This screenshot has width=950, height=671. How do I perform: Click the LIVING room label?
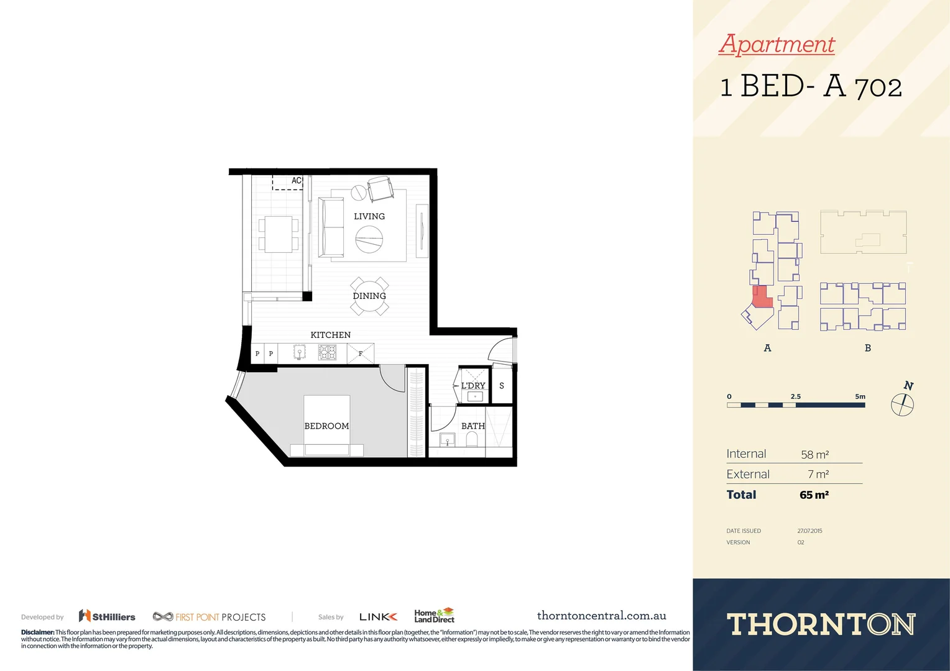pyautogui.click(x=369, y=216)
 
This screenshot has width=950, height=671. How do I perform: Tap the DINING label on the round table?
pyautogui.click(x=369, y=296)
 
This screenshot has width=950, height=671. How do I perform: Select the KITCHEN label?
pyautogui.click(x=330, y=335)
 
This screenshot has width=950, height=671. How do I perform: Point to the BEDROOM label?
pyautogui.click(x=326, y=426)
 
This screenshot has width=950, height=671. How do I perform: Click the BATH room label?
pyautogui.click(x=473, y=426)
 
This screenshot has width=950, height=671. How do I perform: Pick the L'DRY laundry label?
pyautogui.click(x=473, y=386)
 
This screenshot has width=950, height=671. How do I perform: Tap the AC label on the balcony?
pyautogui.click(x=297, y=181)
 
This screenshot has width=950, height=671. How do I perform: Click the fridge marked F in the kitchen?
pyautogui.click(x=361, y=354)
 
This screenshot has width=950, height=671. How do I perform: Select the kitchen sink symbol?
pyautogui.click(x=300, y=353)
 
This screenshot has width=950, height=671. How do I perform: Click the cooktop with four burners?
pyautogui.click(x=327, y=353)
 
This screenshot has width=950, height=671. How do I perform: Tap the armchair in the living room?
pyautogui.click(x=380, y=188)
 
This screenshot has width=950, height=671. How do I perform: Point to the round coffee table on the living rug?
pyautogui.click(x=369, y=239)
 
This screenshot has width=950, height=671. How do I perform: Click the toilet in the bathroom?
pyautogui.click(x=471, y=440)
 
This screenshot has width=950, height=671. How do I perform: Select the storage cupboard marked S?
pyautogui.click(x=502, y=386)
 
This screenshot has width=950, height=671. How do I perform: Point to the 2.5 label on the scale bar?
pyautogui.click(x=796, y=396)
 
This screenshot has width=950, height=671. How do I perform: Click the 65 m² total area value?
pyautogui.click(x=814, y=495)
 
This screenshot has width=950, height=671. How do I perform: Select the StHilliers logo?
pyautogui.click(x=107, y=616)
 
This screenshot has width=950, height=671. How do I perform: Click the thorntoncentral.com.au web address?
pyautogui.click(x=601, y=616)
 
